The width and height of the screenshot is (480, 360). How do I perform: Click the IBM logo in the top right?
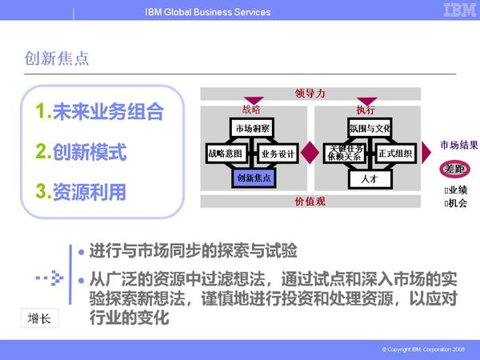coord(454,10)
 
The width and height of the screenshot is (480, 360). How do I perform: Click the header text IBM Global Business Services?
coord(208,12)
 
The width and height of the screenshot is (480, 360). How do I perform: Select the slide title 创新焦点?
coord(57,58)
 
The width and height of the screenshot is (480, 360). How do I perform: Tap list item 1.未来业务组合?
coord(100,112)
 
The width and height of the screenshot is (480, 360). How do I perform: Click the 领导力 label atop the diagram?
coord(311,94)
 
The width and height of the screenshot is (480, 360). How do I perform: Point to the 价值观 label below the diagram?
coord(310,201)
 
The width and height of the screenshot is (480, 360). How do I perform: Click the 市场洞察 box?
coord(253,128)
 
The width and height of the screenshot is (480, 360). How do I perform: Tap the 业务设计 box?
coord(278,153)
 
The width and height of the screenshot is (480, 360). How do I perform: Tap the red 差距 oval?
coord(454,170)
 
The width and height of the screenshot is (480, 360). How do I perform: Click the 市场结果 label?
coord(459,145)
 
